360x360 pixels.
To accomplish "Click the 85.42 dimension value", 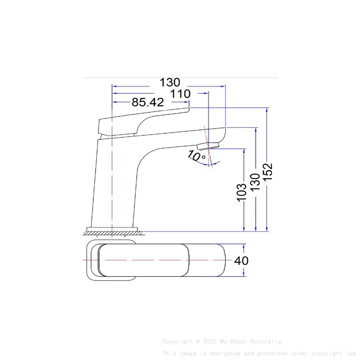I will (147, 102).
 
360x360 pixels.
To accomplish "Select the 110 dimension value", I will (181, 94).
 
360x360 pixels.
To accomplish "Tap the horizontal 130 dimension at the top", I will (169, 82).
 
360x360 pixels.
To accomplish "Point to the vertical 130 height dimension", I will (255, 182).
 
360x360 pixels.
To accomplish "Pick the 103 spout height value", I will (242, 192).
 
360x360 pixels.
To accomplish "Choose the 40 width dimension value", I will (241, 260).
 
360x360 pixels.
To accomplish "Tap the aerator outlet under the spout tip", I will (208, 146).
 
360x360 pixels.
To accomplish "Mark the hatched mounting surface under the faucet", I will (112, 233).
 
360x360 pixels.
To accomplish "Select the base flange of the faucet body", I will (112, 229).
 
